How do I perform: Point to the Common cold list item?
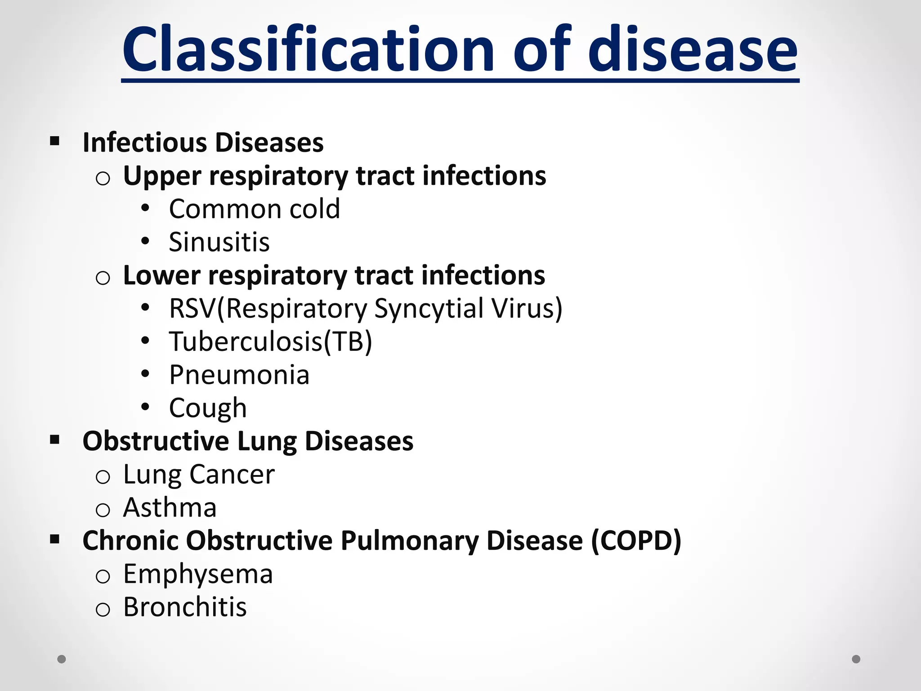click(254, 209)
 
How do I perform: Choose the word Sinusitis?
click(219, 242)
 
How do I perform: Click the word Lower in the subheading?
click(161, 275)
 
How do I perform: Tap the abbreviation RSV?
click(192, 309)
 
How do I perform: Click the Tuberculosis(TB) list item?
click(270, 341)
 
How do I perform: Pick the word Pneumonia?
click(239, 375)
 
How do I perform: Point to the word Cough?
click(208, 408)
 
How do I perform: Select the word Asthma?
click(170, 507)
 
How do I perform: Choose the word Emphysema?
click(198, 574)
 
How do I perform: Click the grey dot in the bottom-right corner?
click(856, 659)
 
